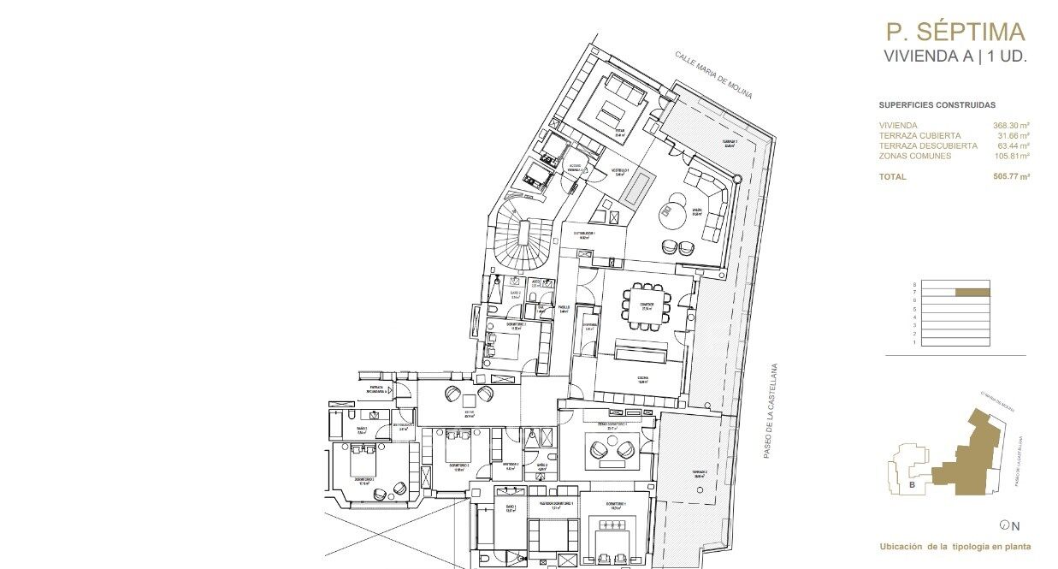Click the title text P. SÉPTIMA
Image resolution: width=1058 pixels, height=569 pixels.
pyautogui.click(x=955, y=33)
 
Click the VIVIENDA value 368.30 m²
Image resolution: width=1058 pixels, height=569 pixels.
pyautogui.click(x=1012, y=126)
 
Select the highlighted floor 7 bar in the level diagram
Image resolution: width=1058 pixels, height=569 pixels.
pyautogui.click(x=972, y=293)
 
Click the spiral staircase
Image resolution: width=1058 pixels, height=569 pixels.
pyautogui.click(x=518, y=240)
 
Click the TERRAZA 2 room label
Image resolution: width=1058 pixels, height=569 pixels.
pyautogui.click(x=700, y=472)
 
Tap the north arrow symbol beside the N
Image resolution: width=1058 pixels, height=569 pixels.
pyautogui.click(x=1003, y=525)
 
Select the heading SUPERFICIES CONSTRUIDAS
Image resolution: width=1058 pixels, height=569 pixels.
pyautogui.click(x=937, y=105)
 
